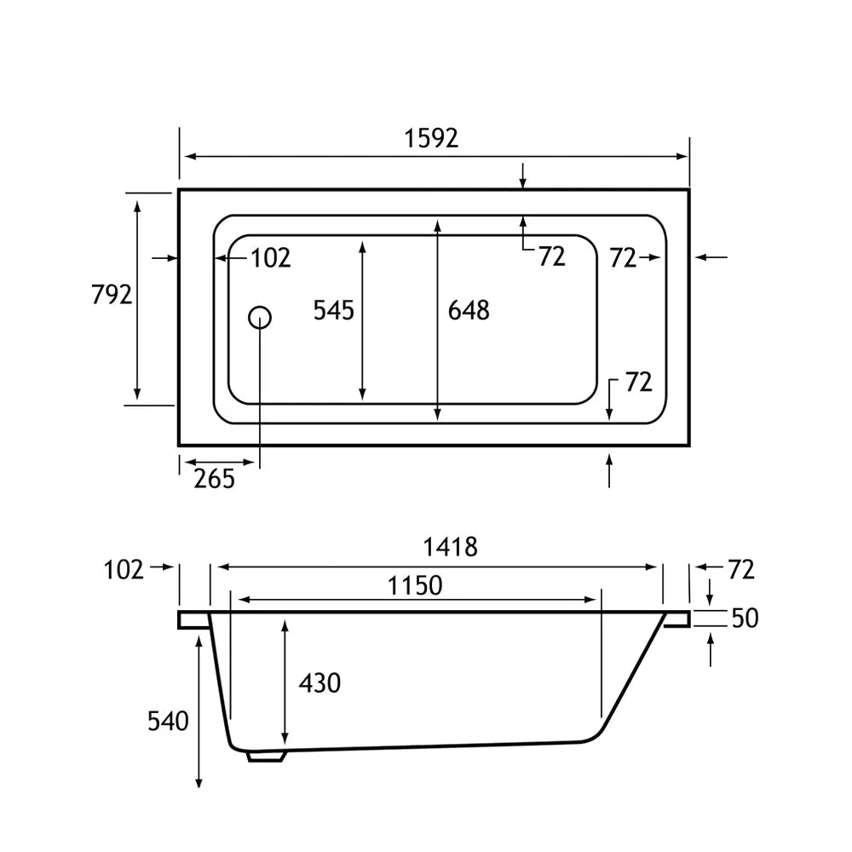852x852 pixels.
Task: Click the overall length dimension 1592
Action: [x=431, y=138]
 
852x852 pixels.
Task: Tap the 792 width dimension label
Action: [x=112, y=295]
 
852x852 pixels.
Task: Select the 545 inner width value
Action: [x=334, y=310]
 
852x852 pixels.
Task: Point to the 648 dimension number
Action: [x=469, y=310]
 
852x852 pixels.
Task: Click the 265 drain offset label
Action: [x=215, y=479]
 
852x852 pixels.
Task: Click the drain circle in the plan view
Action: [x=260, y=317]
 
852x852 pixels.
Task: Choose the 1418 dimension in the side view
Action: [x=451, y=547]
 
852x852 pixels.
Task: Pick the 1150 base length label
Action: [x=415, y=586]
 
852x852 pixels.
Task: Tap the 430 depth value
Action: [x=319, y=683]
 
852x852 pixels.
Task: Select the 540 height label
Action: [x=168, y=721]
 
